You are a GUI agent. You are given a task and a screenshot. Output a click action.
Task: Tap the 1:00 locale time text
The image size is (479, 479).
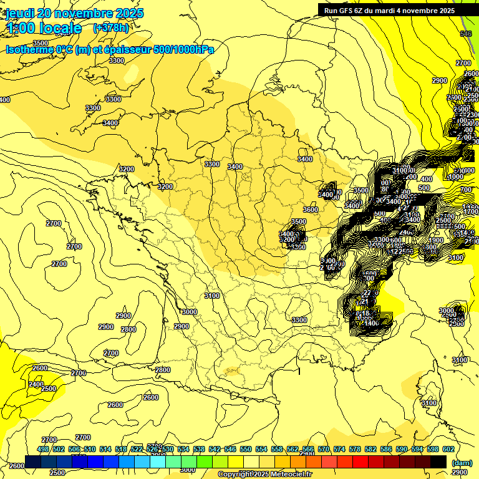[x=44, y=28]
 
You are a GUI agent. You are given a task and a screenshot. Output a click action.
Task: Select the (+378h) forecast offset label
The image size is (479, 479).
[x=110, y=27]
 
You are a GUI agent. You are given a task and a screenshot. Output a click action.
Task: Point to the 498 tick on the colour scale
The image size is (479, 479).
[x=43, y=449]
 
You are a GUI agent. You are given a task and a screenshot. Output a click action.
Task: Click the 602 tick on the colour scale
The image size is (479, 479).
[x=448, y=449]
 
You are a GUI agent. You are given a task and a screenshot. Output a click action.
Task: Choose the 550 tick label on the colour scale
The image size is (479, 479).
[x=246, y=449]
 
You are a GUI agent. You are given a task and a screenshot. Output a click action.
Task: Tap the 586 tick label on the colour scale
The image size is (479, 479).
[x=385, y=449]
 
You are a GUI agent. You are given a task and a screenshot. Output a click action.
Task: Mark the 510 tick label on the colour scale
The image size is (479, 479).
[x=90, y=449]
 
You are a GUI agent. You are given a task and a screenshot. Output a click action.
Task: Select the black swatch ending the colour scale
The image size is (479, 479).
[x=438, y=462]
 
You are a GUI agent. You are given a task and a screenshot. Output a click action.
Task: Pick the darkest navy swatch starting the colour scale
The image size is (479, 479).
[x=33, y=462]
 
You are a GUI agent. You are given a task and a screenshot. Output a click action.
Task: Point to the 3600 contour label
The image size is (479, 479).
[x=311, y=210]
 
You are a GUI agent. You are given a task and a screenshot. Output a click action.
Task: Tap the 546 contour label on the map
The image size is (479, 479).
[x=466, y=34]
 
